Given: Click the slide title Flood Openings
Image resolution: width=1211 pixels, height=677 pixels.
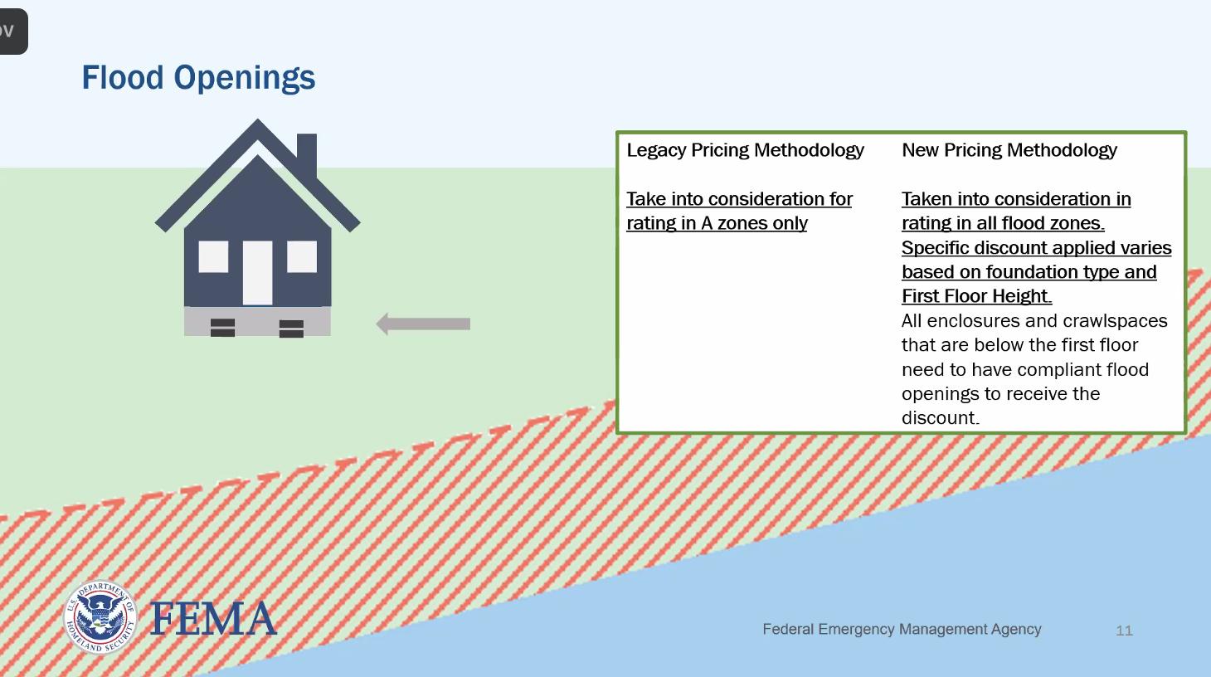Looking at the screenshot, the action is pos(198,78).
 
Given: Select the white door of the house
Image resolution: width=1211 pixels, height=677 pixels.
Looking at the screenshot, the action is pos(257,272).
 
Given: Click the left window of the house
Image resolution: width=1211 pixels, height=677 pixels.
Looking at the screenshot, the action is pos(213,256).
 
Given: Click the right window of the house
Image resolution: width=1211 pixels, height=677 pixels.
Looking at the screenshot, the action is pos(302,256).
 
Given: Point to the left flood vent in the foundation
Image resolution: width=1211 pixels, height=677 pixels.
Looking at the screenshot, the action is pos(222,327).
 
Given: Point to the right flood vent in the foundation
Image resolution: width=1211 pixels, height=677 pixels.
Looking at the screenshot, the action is pos(291,328).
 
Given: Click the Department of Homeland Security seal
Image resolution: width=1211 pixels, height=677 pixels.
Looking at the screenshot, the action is pos(100,616).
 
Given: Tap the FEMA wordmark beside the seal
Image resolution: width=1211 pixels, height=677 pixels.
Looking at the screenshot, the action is pos(213,619).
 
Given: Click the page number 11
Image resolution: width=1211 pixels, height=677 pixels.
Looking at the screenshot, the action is pos(1124,631).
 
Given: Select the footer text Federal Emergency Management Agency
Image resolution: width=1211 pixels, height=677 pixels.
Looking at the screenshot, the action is pos(902,629).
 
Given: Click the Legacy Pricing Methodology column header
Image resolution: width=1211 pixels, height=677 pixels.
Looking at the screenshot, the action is pos(745,150).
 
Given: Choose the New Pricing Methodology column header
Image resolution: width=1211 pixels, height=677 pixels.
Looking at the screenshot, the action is pos(1009,150).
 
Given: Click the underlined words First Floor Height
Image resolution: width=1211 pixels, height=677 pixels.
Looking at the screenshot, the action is pos(975,296).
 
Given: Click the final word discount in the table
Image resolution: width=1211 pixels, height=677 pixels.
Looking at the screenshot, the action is pos(939,418).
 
